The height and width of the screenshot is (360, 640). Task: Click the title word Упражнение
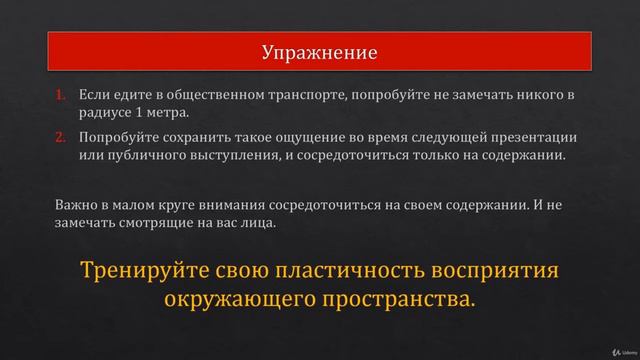[319, 51]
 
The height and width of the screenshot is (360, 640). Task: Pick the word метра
[167, 113]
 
